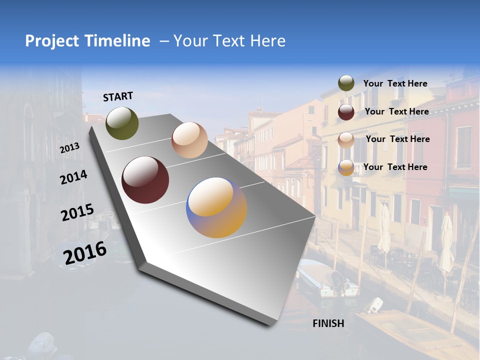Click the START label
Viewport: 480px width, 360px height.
(118, 96)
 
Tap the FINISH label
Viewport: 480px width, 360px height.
(328, 323)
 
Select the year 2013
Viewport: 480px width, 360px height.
(69, 148)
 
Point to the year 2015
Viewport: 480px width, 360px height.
(77, 212)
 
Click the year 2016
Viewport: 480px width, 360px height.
(85, 253)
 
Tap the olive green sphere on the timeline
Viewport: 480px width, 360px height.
(122, 123)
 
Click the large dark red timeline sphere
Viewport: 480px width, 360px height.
(145, 180)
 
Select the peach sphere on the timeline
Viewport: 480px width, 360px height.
(189, 140)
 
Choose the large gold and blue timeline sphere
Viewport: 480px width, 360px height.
(216, 207)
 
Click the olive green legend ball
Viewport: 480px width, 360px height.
(346, 83)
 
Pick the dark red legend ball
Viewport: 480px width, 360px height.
(346, 112)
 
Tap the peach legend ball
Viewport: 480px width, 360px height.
(346, 139)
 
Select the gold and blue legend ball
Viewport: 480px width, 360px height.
(346, 167)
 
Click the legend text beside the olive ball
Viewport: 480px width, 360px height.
(395, 83)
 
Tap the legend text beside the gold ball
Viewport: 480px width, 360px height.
(395, 167)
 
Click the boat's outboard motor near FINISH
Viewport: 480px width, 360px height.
(375, 304)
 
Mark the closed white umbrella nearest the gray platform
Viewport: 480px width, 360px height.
(384, 230)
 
